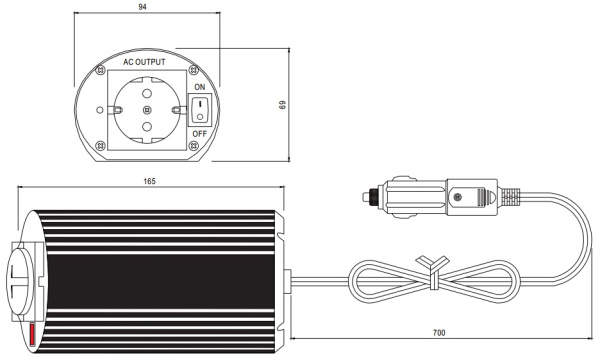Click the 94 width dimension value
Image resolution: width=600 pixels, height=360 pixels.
142,7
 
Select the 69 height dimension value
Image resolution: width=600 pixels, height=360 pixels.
283,105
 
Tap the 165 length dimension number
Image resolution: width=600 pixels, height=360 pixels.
150,181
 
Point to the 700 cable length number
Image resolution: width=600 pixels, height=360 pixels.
439,333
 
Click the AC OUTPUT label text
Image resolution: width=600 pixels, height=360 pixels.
144,62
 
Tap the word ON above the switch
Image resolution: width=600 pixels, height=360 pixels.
200,87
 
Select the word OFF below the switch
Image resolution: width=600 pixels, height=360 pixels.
199,134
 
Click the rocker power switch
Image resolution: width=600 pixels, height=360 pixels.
200,110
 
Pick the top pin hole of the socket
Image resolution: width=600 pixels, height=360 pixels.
147,93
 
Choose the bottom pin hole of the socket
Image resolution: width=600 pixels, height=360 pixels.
147,127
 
